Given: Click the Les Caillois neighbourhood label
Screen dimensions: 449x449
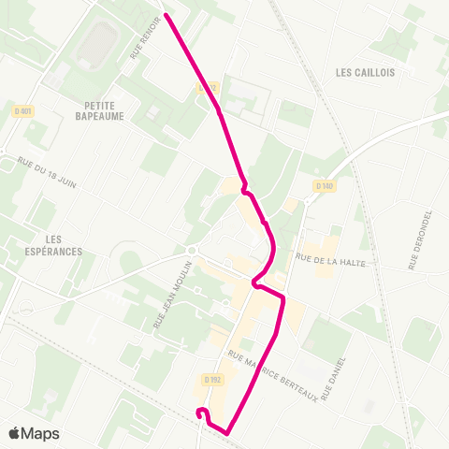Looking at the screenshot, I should [365, 72].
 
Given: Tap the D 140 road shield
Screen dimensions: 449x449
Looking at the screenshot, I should [325, 186].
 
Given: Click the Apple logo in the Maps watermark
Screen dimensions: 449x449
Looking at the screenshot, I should [15, 433].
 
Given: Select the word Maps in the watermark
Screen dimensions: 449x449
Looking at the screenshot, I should [40, 433].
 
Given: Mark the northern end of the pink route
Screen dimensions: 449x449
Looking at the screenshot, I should [167, 15].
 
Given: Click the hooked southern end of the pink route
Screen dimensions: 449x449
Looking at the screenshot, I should [199, 413].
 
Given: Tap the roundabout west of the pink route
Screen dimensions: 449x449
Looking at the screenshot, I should [191, 250].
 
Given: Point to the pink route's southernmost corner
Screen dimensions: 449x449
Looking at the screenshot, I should [226, 432].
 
